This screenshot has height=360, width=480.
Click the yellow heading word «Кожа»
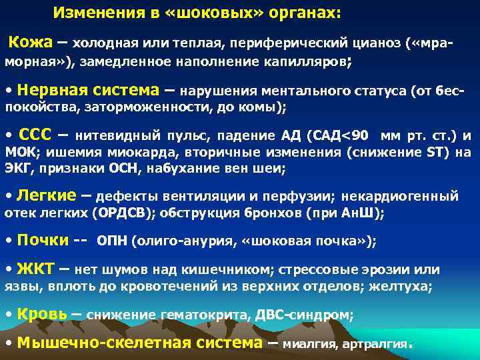click(29, 43)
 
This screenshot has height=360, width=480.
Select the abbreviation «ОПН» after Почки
click(113, 241)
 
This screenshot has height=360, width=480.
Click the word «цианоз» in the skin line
click(377, 44)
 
